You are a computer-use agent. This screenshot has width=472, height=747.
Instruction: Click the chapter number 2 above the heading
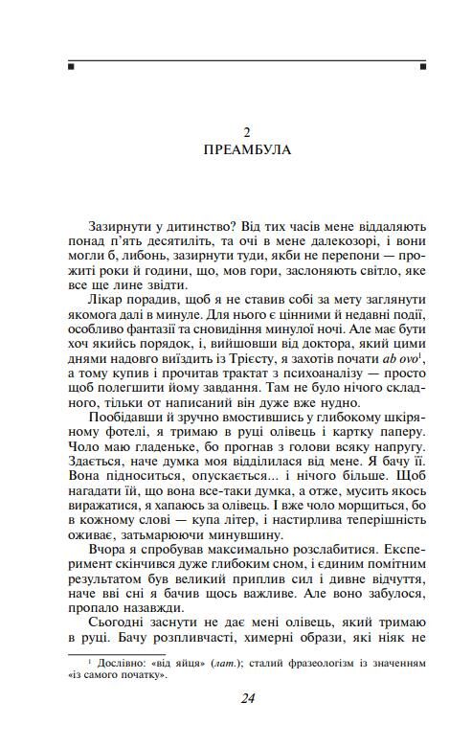(246, 130)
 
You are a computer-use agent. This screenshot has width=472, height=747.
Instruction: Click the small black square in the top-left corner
(71, 67)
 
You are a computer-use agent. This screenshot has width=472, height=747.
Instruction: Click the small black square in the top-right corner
(422, 67)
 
